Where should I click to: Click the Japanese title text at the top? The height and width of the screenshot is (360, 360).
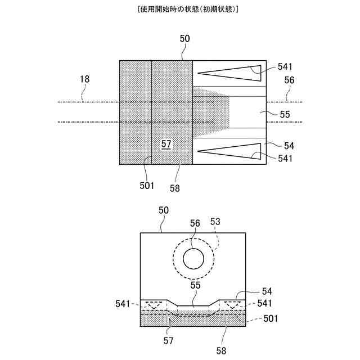click(x=179, y=10)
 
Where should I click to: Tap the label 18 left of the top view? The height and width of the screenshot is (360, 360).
click(x=84, y=80)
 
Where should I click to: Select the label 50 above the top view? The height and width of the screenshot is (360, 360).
click(x=184, y=39)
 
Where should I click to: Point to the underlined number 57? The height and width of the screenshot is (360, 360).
click(x=166, y=144)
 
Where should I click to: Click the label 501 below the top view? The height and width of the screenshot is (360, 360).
click(x=147, y=186)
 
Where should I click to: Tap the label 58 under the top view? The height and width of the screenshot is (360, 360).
click(x=175, y=188)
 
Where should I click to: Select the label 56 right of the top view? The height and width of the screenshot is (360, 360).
click(x=289, y=80)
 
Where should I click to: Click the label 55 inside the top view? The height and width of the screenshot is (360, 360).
click(x=285, y=114)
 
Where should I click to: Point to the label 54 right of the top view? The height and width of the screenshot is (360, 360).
click(x=289, y=146)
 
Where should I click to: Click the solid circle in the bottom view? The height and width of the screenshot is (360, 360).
click(x=193, y=259)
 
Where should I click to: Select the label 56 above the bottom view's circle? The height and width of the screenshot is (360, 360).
click(x=195, y=223)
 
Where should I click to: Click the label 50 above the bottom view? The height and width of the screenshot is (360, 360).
click(x=163, y=210)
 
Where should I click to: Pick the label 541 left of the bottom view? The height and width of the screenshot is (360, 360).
click(x=127, y=303)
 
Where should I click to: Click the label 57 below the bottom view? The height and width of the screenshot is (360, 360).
click(x=169, y=340)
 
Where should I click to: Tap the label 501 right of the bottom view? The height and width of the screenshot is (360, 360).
click(x=272, y=318)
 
